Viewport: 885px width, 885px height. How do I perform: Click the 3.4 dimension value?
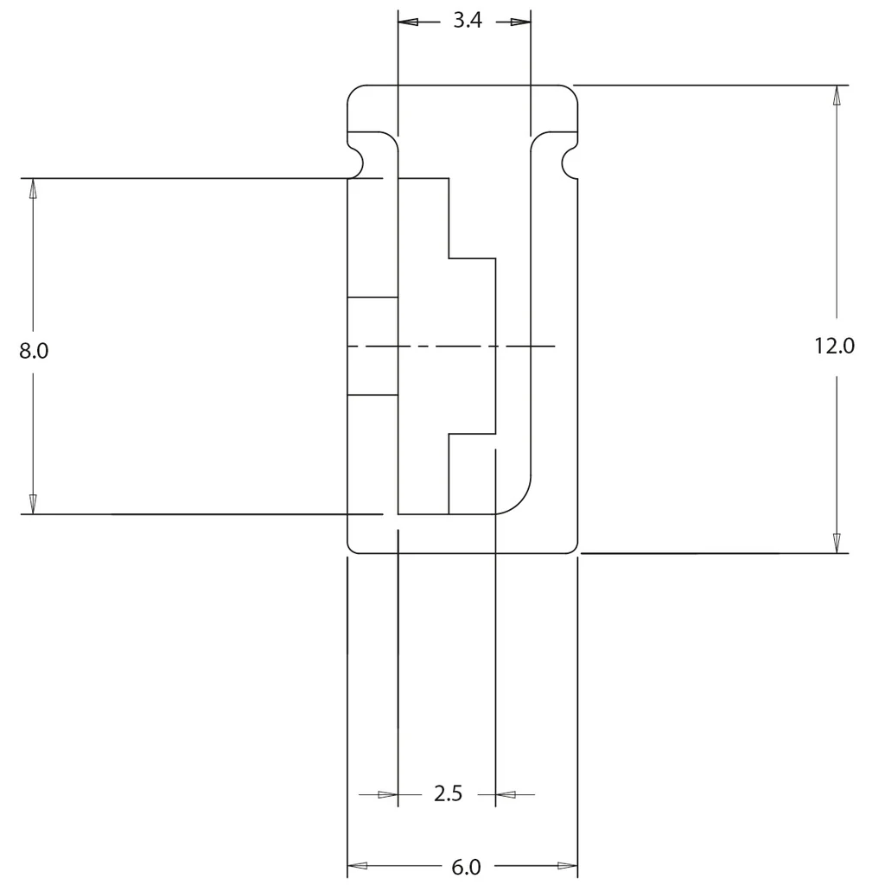pos(468,21)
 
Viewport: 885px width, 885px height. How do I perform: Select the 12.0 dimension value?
pos(834,346)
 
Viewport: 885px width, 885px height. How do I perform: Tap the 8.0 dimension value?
pos(34,351)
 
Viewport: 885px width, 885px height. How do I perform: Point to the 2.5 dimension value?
pos(449,793)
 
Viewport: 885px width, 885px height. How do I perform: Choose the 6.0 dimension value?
pos(466,866)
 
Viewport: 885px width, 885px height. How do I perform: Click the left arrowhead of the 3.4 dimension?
pos(408,22)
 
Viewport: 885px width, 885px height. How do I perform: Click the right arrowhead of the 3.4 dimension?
pos(521,22)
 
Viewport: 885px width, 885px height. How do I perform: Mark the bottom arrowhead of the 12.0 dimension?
pos(837,543)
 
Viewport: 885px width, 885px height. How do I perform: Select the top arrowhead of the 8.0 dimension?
pos(33,188)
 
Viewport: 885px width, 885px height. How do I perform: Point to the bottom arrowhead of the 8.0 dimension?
pos(33,504)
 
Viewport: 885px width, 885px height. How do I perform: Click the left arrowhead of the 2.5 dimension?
pos(388,795)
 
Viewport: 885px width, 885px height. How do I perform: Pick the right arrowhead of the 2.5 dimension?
pos(506,795)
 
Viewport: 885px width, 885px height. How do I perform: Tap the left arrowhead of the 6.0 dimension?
pos(357,865)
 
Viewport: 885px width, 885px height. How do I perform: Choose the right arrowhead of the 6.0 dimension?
pos(567,865)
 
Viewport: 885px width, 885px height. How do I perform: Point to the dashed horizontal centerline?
pos(451,346)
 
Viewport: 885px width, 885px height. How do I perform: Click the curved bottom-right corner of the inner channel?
pos(520,504)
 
